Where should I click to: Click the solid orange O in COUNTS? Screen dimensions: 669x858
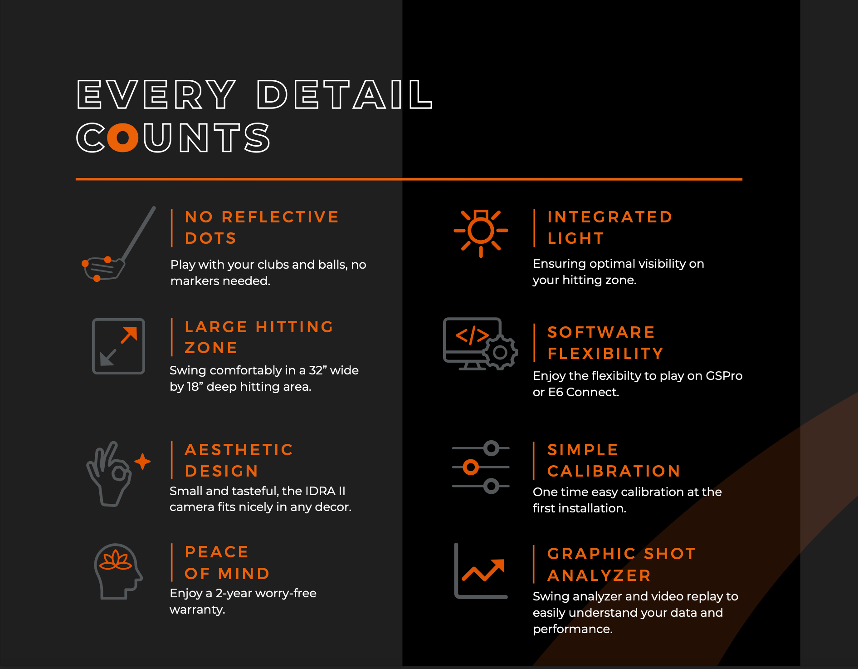tap(122, 138)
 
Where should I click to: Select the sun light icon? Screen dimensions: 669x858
tap(481, 231)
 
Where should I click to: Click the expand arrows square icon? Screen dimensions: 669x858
tap(118, 346)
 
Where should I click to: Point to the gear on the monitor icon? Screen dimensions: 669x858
tap(500, 353)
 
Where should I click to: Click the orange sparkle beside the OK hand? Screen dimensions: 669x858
tap(142, 461)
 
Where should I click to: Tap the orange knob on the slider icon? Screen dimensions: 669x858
tap(471, 467)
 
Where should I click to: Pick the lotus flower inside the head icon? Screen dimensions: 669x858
tap(116, 561)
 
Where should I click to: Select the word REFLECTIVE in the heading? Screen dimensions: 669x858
tap(280, 217)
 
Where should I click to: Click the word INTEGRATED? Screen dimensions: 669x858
tap(609, 217)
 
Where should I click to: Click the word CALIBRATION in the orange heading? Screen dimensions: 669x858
tap(614, 471)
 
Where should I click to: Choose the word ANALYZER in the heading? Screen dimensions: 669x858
tap(599, 576)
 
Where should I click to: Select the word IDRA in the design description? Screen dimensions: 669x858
tap(320, 491)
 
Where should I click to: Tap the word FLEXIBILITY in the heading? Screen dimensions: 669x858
tap(605, 354)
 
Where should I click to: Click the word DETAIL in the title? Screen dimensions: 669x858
tap(345, 95)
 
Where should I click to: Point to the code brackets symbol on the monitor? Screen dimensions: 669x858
tap(472, 335)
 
